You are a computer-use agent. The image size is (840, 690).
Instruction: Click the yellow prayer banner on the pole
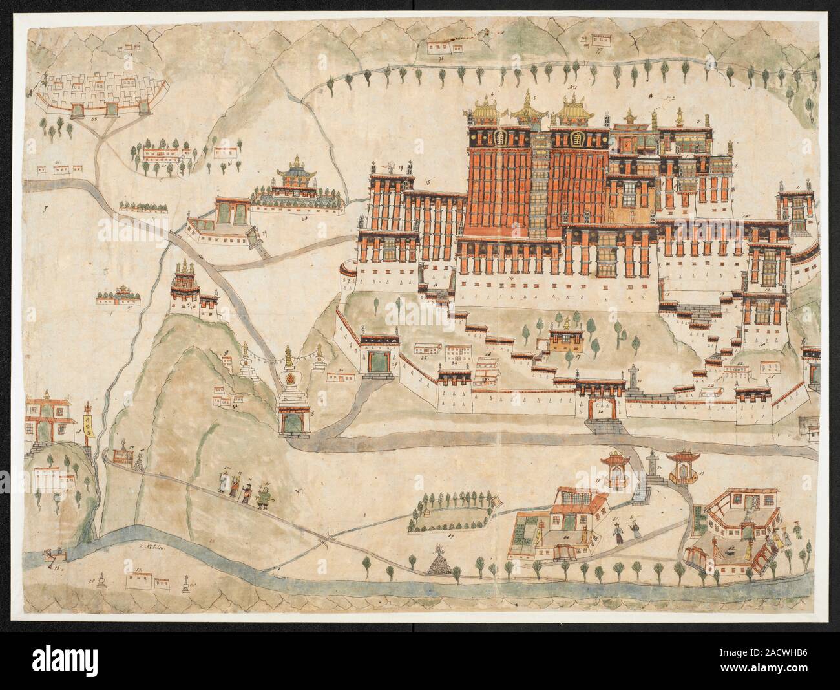point(86,427)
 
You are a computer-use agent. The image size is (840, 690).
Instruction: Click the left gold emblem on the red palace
point(498,138)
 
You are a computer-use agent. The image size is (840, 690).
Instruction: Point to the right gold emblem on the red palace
point(576,138)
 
